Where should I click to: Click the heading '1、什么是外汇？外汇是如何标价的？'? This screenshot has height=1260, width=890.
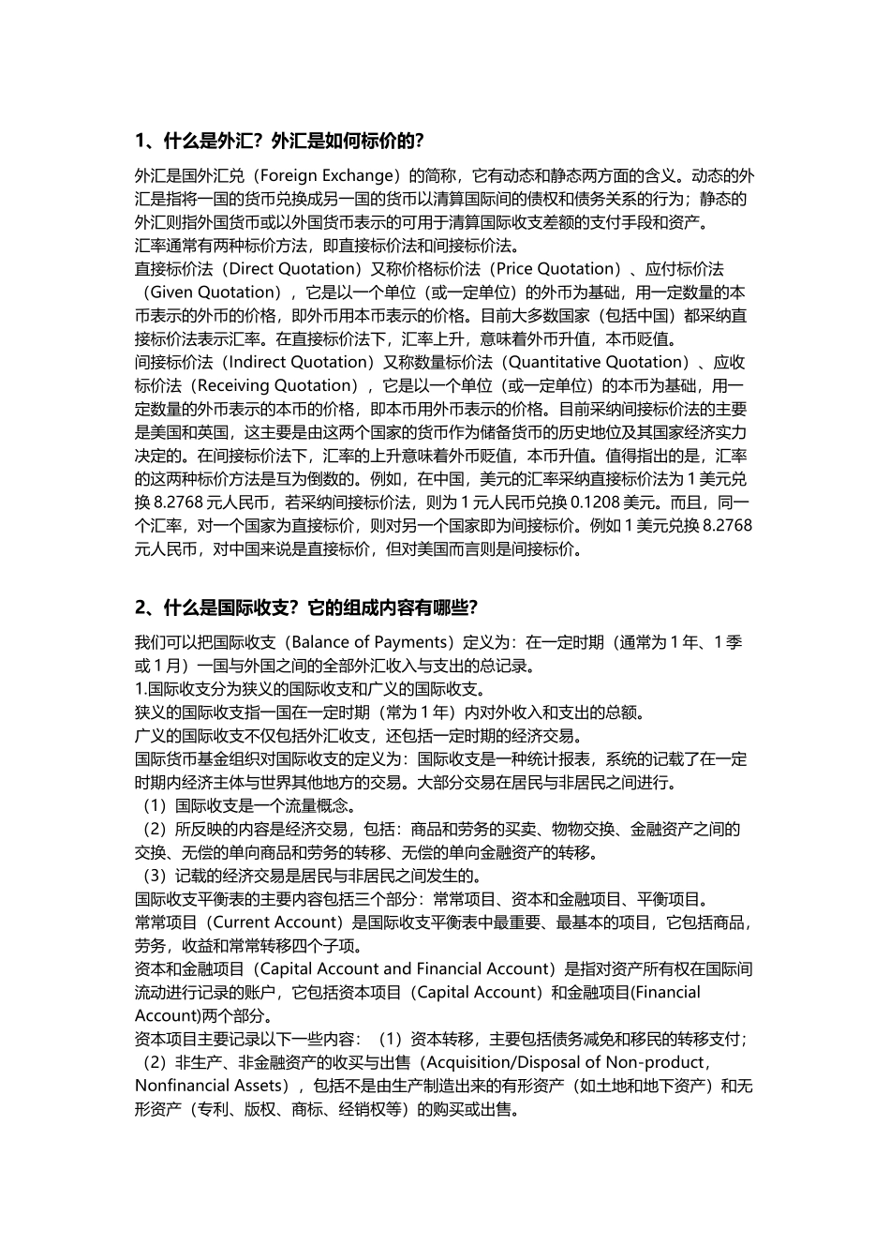click(280, 142)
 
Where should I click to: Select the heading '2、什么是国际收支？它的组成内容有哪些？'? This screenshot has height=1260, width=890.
click(307, 607)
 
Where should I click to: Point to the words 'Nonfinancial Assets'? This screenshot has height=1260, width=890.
click(209, 1086)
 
